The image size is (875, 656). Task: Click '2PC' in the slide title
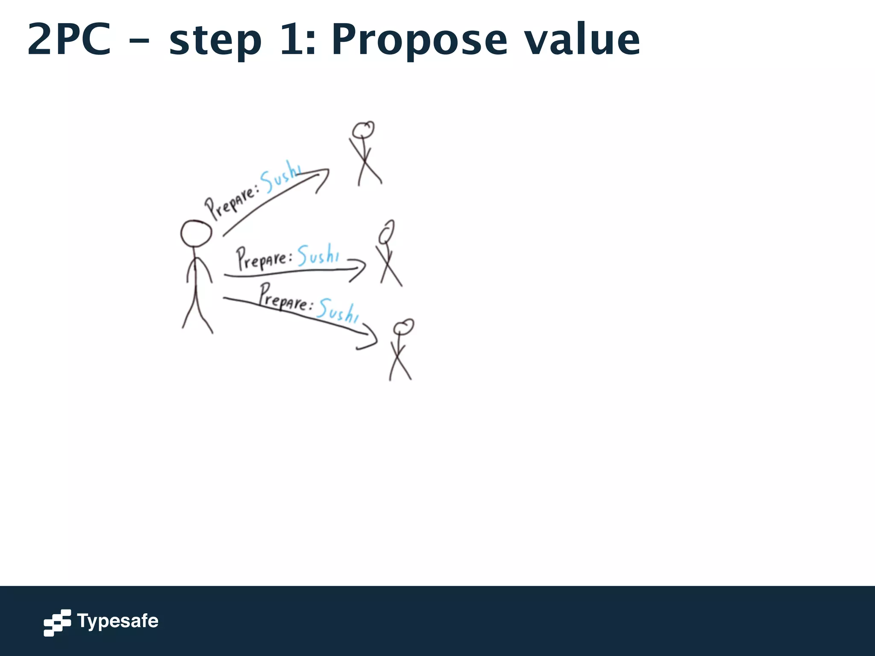click(x=70, y=40)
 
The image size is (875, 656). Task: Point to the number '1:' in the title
click(x=298, y=40)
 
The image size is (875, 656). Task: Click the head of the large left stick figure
click(x=196, y=234)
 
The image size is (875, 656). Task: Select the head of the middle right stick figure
click(x=387, y=232)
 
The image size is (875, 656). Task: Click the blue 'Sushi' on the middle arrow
click(x=318, y=255)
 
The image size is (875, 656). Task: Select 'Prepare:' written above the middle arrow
click(x=264, y=258)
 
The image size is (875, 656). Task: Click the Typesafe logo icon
click(x=57, y=623)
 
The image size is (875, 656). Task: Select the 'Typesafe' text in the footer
click(x=117, y=621)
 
